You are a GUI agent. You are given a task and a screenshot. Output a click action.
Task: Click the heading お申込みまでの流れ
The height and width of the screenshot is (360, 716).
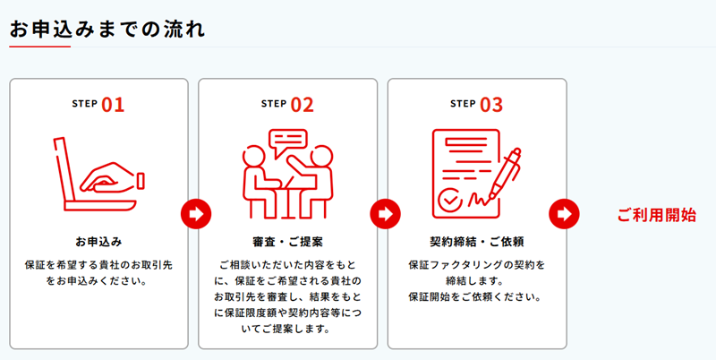(107, 30)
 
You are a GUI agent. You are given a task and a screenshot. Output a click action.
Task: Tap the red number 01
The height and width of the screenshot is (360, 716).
(113, 105)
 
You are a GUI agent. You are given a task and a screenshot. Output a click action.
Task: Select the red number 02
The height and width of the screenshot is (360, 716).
(303, 105)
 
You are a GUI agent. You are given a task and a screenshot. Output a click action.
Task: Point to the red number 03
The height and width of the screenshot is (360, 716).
(491, 105)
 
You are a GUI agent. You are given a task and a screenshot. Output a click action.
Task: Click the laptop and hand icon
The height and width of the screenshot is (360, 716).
(98, 174)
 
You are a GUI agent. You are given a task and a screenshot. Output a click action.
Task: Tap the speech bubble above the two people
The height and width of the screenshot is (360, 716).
(287, 142)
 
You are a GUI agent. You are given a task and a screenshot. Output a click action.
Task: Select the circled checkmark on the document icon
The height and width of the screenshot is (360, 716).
(450, 199)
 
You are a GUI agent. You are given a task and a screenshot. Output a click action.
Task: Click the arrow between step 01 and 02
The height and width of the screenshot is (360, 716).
(196, 214)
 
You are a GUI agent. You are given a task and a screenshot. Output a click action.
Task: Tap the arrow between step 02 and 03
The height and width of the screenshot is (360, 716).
(386, 214)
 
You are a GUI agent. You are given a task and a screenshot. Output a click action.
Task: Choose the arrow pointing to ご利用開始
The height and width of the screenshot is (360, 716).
(565, 214)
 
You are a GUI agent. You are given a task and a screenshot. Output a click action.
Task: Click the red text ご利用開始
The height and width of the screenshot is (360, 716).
(657, 215)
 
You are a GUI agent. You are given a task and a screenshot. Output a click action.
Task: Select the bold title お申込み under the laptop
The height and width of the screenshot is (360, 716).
(98, 242)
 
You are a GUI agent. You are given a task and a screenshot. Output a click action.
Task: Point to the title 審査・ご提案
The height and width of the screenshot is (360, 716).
(287, 242)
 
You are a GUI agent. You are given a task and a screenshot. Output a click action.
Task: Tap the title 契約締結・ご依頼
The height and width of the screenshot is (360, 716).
(477, 242)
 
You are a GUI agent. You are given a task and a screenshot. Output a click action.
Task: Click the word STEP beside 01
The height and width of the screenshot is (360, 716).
(84, 104)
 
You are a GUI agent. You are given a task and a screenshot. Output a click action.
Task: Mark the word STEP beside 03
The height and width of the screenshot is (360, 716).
(463, 104)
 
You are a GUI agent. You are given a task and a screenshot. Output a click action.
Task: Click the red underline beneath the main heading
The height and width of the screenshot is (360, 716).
(39, 47)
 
